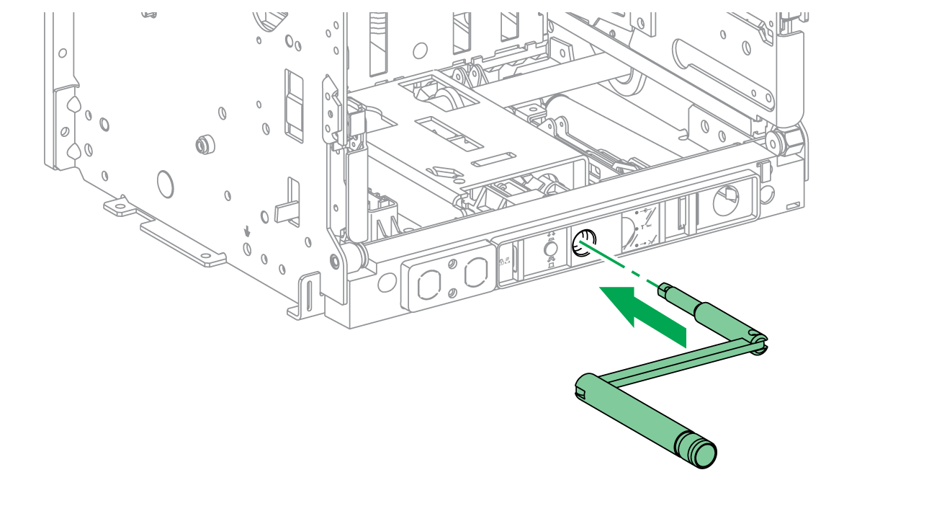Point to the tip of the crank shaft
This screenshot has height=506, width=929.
(663, 290)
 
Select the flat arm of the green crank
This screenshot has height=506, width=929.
(677, 363)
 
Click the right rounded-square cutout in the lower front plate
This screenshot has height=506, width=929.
(475, 273)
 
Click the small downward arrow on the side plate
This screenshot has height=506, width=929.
(247, 232)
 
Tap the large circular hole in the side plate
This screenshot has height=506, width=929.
(165, 184)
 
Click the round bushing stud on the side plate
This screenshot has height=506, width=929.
(203, 145)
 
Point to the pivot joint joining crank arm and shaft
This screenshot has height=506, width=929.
(756, 341)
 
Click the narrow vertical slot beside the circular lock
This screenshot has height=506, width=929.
(681, 215)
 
